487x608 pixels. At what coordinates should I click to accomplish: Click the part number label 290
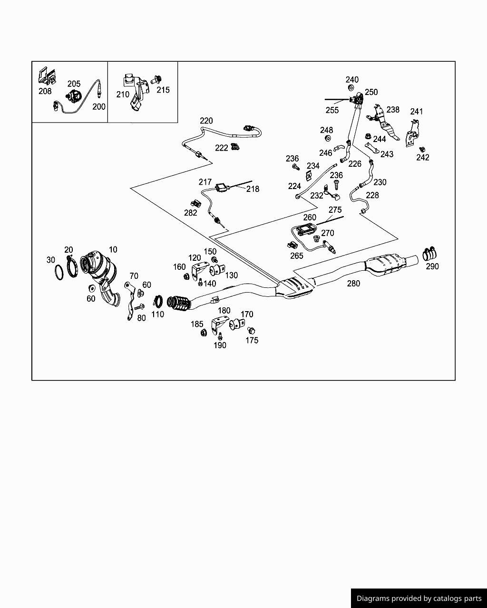click(432, 266)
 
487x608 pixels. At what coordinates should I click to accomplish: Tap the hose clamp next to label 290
click(430, 254)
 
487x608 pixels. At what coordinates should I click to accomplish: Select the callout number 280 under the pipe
click(353, 284)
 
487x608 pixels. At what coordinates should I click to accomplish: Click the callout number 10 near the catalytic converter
click(113, 249)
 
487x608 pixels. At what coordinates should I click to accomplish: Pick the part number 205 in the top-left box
click(74, 84)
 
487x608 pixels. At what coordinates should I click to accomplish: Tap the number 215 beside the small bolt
click(163, 90)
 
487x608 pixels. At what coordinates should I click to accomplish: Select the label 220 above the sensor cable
click(206, 121)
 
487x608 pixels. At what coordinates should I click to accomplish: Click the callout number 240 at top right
click(352, 79)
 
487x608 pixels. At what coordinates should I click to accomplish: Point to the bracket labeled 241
click(412, 134)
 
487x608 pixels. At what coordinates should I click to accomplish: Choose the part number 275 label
click(335, 210)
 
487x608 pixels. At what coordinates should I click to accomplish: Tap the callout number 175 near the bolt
click(252, 340)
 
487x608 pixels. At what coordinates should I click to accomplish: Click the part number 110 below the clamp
click(157, 314)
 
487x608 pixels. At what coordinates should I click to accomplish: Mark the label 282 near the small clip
click(191, 213)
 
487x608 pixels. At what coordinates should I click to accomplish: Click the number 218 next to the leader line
click(253, 189)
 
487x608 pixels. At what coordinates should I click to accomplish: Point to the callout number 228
click(372, 195)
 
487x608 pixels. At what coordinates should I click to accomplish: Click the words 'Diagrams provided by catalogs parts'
click(419, 598)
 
